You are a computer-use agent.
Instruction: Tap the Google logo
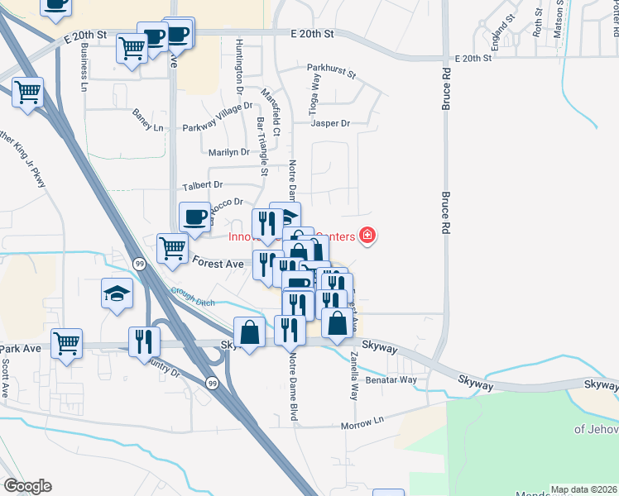pyautogui.click(x=27, y=486)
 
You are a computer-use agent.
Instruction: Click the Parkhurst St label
pyautogui.click(x=330, y=71)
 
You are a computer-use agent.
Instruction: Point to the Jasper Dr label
pyautogui.click(x=330, y=123)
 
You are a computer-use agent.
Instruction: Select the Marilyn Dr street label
pyautogui.click(x=228, y=152)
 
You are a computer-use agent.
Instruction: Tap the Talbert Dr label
pyautogui.click(x=203, y=185)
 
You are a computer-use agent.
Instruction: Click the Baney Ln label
pyautogui.click(x=148, y=121)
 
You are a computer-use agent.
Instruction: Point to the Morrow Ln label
pyautogui.click(x=363, y=425)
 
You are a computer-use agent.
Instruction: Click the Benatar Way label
pyautogui.click(x=394, y=380)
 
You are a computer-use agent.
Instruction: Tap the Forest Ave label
pyautogui.click(x=218, y=263)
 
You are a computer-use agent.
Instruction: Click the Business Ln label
pyautogui.click(x=84, y=67)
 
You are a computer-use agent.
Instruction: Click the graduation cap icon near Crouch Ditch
pyautogui.click(x=118, y=293)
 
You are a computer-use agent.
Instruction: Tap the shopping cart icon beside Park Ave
pyautogui.click(x=67, y=342)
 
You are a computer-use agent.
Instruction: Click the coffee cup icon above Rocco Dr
pyautogui.click(x=195, y=217)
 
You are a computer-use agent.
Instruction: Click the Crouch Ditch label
pyautogui.click(x=194, y=296)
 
